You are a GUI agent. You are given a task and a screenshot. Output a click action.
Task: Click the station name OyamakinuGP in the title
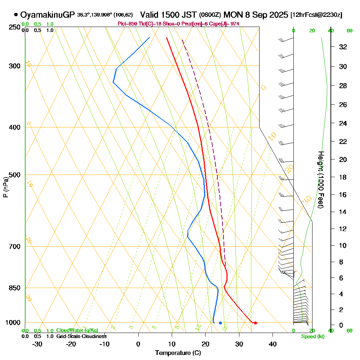coord(48,15)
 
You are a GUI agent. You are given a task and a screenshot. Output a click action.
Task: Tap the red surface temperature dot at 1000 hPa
coord(255,323)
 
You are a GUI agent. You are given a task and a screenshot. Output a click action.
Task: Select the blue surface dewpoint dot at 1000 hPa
coord(220,323)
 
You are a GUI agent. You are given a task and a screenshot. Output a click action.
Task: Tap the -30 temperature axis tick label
coord(37,344)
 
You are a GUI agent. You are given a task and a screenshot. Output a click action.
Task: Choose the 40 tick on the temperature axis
coord(273,344)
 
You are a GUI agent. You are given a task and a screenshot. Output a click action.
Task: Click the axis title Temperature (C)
coord(178,353)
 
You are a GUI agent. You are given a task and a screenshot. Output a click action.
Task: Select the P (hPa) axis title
coord(5,187)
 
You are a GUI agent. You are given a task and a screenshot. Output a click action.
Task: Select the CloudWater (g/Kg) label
coord(77,330)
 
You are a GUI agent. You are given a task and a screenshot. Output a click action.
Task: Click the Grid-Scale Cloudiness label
coord(81,336)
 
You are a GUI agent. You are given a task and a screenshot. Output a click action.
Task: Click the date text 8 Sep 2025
coord(266,15)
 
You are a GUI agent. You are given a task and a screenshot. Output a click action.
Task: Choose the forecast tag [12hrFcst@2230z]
coord(316,15)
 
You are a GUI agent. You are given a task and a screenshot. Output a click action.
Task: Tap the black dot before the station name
coord(16,15)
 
